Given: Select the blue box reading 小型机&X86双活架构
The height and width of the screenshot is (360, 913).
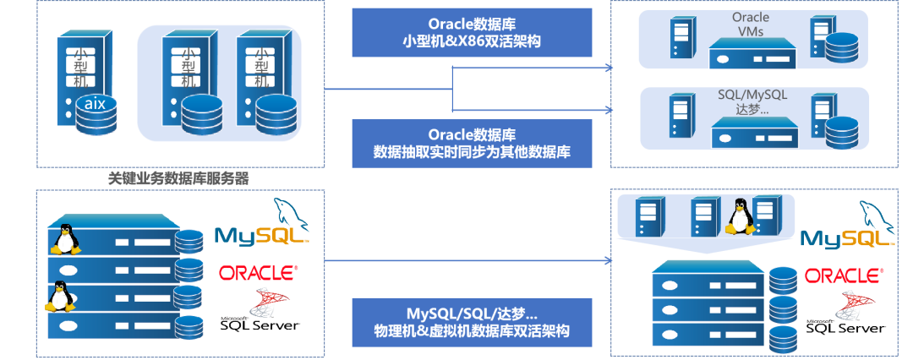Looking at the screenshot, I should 471,32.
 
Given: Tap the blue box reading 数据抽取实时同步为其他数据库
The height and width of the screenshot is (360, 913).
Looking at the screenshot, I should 471,143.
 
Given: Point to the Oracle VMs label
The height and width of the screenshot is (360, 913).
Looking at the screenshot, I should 749,24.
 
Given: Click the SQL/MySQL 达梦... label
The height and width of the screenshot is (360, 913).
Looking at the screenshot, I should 749,101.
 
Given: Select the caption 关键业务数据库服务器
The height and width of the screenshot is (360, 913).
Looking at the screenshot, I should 178,179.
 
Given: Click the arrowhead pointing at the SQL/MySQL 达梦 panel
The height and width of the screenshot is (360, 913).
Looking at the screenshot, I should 611,109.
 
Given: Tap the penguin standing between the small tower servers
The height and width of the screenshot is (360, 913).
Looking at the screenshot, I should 740,216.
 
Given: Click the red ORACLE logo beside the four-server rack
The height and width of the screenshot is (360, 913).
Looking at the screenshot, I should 258,272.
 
